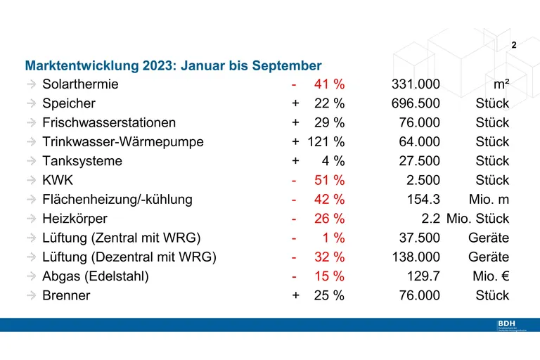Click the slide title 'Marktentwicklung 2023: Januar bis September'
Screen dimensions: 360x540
tap(173, 65)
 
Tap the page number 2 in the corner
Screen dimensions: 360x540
tap(514, 45)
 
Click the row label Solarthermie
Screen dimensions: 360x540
tap(80, 84)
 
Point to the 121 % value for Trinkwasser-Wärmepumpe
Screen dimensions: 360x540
tap(326, 142)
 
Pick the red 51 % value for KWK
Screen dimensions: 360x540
tap(329, 180)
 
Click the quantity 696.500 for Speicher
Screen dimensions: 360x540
tap(416, 103)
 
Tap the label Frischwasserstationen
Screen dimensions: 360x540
tap(109, 123)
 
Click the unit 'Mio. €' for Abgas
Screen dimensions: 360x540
tap(490, 276)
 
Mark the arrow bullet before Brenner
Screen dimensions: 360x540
tap(32, 295)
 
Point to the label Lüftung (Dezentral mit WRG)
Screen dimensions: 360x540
tap(129, 257)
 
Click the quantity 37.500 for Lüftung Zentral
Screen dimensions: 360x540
tap(419, 238)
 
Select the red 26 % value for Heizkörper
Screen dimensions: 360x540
tap(329, 219)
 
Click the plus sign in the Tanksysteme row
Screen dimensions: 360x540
tap(295, 161)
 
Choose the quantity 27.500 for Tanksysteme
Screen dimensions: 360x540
tap(419, 161)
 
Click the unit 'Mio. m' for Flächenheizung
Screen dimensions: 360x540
tap(488, 200)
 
